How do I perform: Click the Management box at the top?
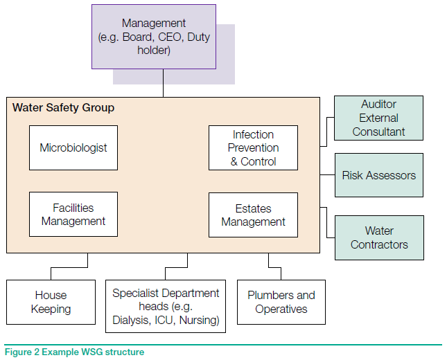point(163,37)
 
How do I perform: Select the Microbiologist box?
point(73,148)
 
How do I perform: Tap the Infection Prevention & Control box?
point(253,148)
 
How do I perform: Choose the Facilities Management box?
point(73,215)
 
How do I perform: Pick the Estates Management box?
point(253,215)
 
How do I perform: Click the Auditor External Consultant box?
point(378,118)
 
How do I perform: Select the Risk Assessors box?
point(378,176)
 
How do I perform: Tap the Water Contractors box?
point(378,237)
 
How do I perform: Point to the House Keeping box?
point(51,302)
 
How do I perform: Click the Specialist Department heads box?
point(166,306)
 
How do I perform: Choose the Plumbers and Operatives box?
point(281,302)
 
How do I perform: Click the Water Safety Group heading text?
point(63,108)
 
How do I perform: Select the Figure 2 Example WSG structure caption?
point(75,352)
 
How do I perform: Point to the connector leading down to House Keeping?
point(88,260)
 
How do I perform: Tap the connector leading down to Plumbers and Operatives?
point(270,260)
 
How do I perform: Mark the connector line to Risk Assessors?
point(327,176)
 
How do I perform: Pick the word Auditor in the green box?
point(378,105)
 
